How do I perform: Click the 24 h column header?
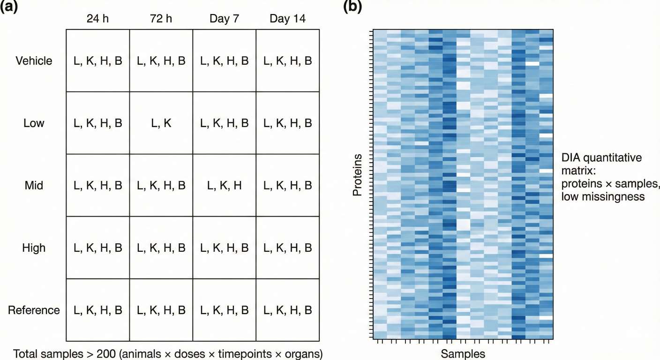tap(98, 19)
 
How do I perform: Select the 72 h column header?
tap(161, 19)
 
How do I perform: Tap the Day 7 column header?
tap(224, 19)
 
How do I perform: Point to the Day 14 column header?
tap(287, 19)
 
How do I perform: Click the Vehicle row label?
tap(34, 61)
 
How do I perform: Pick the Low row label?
tap(34, 123)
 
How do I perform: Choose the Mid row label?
tap(34, 186)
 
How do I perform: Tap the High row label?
tap(34, 247)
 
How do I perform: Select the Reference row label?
tap(34, 310)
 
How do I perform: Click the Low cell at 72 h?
tap(161, 123)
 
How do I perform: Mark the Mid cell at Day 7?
tap(224, 186)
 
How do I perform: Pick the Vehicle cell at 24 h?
tap(98, 61)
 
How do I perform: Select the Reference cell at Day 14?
tap(287, 310)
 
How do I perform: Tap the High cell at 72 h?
tap(161, 247)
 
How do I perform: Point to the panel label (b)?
tap(352, 7)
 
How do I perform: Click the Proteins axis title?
tap(358, 174)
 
